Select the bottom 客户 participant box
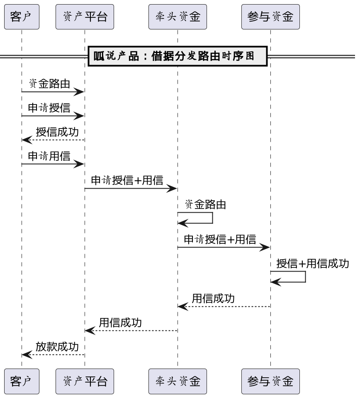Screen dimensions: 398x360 (x=22, y=381)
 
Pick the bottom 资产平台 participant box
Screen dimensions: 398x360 (x=85, y=381)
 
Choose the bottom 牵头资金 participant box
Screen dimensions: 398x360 (x=178, y=381)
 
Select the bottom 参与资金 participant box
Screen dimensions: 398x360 (x=270, y=381)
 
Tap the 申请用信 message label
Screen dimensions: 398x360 (x=49, y=156)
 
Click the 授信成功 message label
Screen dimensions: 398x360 (x=57, y=132)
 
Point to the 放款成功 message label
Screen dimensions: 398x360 (x=57, y=346)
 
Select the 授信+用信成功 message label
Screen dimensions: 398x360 (x=313, y=263)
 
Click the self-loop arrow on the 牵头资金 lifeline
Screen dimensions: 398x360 (x=212, y=218)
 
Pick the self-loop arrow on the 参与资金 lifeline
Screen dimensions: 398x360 (x=305, y=277)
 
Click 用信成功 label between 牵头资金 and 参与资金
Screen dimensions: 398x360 (x=213, y=298)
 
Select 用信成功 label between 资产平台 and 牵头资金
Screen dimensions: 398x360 (x=120, y=322)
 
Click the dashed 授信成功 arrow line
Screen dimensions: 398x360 (x=54, y=140)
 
